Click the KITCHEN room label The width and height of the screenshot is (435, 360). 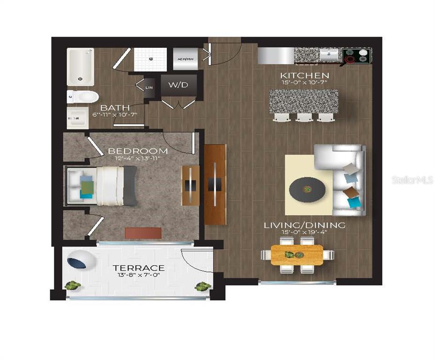(x=304, y=75)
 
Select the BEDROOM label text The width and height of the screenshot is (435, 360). (x=138, y=151)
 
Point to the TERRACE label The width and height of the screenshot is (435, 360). (x=138, y=268)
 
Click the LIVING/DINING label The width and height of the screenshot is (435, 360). (x=304, y=225)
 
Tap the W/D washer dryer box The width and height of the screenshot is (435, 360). (x=178, y=85)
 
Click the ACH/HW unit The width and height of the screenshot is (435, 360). (x=184, y=59)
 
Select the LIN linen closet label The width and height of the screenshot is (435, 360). (x=149, y=88)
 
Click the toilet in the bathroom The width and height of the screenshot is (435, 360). (x=82, y=97)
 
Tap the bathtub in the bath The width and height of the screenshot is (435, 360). (x=80, y=67)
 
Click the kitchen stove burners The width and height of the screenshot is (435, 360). (x=356, y=57)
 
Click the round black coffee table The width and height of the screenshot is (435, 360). (x=307, y=189)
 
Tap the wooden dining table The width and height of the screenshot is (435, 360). (x=296, y=255)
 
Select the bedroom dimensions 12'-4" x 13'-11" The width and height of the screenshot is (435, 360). (x=138, y=159)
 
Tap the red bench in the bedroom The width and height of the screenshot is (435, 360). (x=143, y=233)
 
